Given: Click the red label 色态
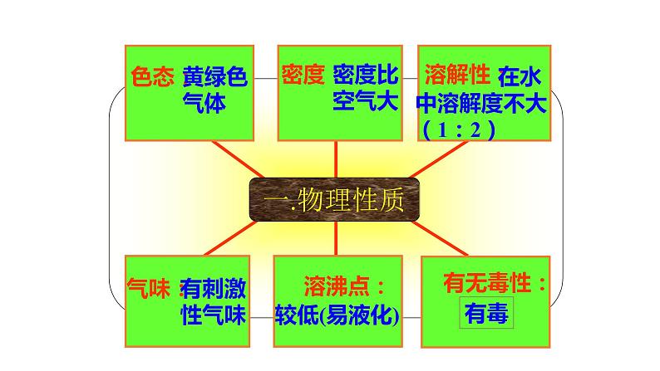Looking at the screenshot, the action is coord(153,77).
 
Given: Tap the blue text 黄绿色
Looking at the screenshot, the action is coord(215,77).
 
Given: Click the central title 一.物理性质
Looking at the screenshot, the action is coord(334,201).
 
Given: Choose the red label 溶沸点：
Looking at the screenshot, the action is coord(336,286).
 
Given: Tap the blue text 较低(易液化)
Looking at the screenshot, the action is coord(336,315).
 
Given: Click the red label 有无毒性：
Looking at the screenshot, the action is coord(495,285).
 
